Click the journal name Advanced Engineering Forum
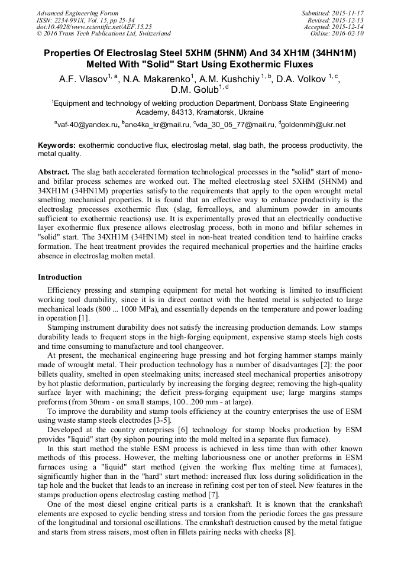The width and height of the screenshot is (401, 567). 77,13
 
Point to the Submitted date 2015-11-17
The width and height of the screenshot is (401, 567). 344,13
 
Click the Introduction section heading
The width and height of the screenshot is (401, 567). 60,277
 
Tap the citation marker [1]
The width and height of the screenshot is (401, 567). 85,318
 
